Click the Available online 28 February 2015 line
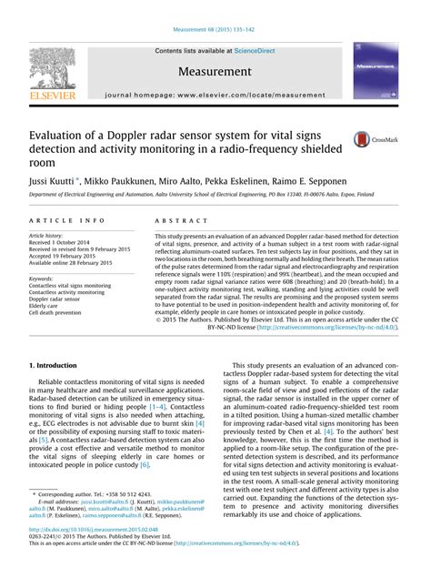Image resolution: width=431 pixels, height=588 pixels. pos(80,263)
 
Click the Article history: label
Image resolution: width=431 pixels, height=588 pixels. pos(46,235)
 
